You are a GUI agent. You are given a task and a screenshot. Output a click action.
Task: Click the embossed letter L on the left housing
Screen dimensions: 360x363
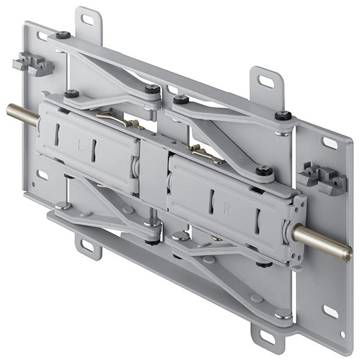pyautogui.click(x=80, y=146)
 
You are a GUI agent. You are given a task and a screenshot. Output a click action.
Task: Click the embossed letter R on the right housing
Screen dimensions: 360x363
pyautogui.click(x=226, y=209)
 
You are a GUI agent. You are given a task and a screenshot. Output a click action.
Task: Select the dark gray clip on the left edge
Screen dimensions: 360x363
pyautogui.click(x=32, y=64)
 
